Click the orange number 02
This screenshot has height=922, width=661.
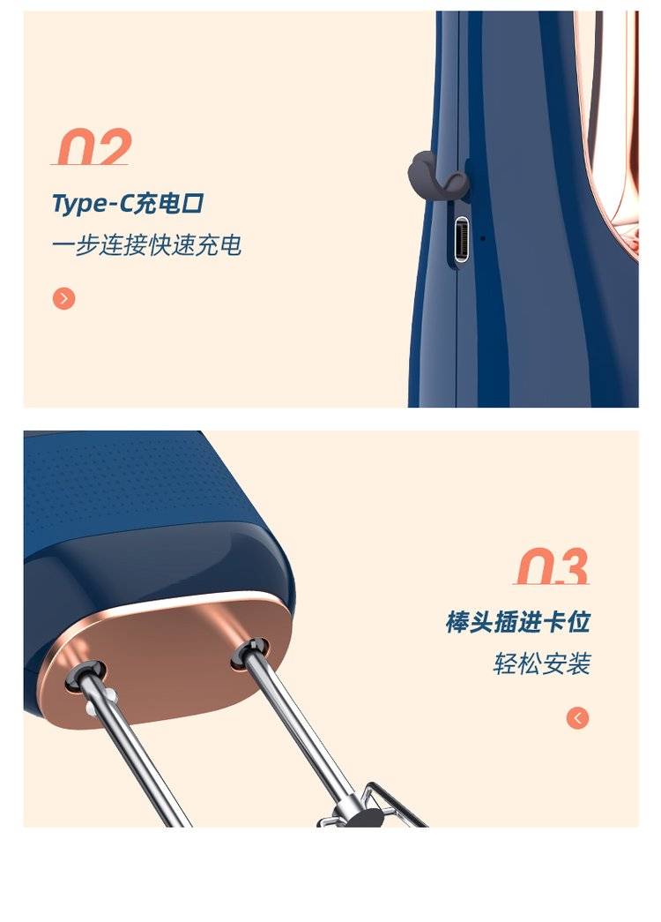92,147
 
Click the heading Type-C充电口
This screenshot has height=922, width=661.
128,204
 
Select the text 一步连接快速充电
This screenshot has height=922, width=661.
146,245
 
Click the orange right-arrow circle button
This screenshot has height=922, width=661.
63,298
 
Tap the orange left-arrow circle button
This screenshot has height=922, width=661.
577,717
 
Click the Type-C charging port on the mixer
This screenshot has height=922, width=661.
463,238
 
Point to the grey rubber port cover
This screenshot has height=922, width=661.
437,176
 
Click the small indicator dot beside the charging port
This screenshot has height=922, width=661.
483,238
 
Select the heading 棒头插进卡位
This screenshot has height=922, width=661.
517,622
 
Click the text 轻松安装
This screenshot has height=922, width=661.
542,663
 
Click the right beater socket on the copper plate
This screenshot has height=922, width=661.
249,653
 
